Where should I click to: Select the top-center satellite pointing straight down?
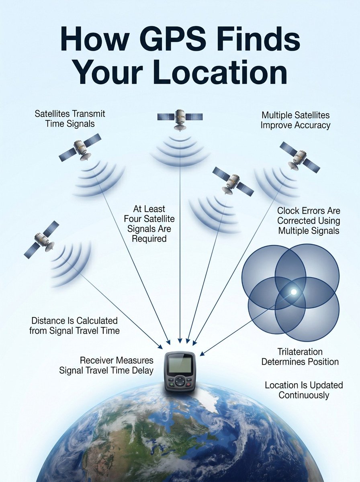pos(180,119)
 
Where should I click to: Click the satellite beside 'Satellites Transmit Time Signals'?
pos(80,147)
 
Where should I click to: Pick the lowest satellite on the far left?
pos(41,240)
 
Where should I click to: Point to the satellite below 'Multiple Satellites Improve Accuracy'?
pos(300,157)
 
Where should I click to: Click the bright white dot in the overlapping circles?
pos(294,292)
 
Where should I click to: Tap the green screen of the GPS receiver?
pos(180,365)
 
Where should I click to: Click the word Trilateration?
pos(300,351)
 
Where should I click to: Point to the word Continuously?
pos(304,395)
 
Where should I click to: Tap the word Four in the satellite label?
pos(134,219)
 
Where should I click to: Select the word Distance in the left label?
pos(48,321)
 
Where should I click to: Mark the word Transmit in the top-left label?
pos(88,114)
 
